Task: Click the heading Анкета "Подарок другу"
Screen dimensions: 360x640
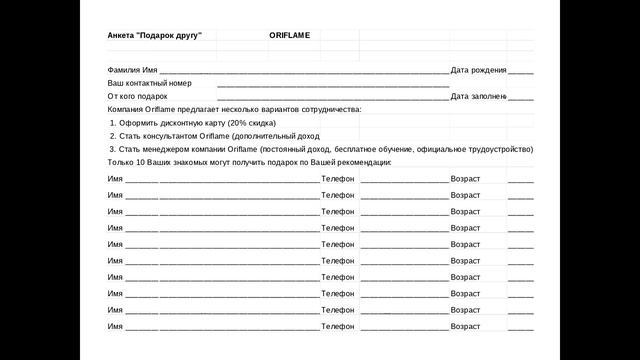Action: point(154,36)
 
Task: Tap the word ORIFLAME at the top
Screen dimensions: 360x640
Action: point(289,36)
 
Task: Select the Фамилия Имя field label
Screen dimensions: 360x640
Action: point(133,70)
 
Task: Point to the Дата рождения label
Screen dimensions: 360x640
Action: point(478,70)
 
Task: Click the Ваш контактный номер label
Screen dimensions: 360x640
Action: point(149,83)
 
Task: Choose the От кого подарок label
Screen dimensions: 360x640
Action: point(138,96)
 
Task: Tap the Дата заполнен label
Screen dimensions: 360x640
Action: point(478,96)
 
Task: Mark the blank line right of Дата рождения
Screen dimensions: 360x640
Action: point(520,72)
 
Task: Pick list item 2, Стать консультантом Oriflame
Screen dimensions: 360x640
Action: point(214,136)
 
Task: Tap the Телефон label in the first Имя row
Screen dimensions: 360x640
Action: point(338,178)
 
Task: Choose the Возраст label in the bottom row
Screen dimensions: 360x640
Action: point(466,326)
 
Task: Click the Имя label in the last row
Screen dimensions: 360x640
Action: point(115,326)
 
